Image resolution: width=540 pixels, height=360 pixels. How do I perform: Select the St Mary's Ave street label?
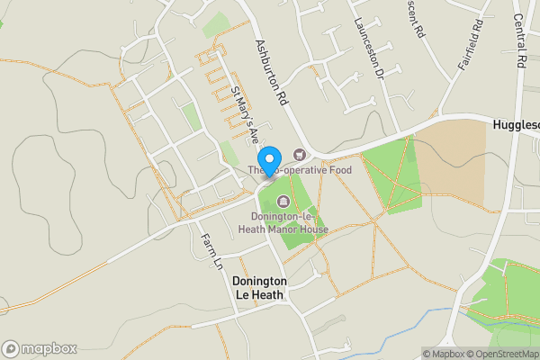click(x=245, y=112)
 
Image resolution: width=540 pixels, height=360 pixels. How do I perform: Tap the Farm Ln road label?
click(x=211, y=251)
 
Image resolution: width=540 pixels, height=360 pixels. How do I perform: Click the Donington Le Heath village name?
click(x=258, y=287)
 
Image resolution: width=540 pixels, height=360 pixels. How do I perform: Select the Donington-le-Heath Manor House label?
click(x=283, y=223)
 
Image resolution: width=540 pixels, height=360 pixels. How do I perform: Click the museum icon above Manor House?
click(x=284, y=201)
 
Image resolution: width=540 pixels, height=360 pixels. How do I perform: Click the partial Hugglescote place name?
click(x=516, y=124)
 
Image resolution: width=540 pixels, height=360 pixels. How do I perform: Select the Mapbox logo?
click(x=37, y=348)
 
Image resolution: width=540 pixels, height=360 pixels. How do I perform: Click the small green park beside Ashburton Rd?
click(x=215, y=24)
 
